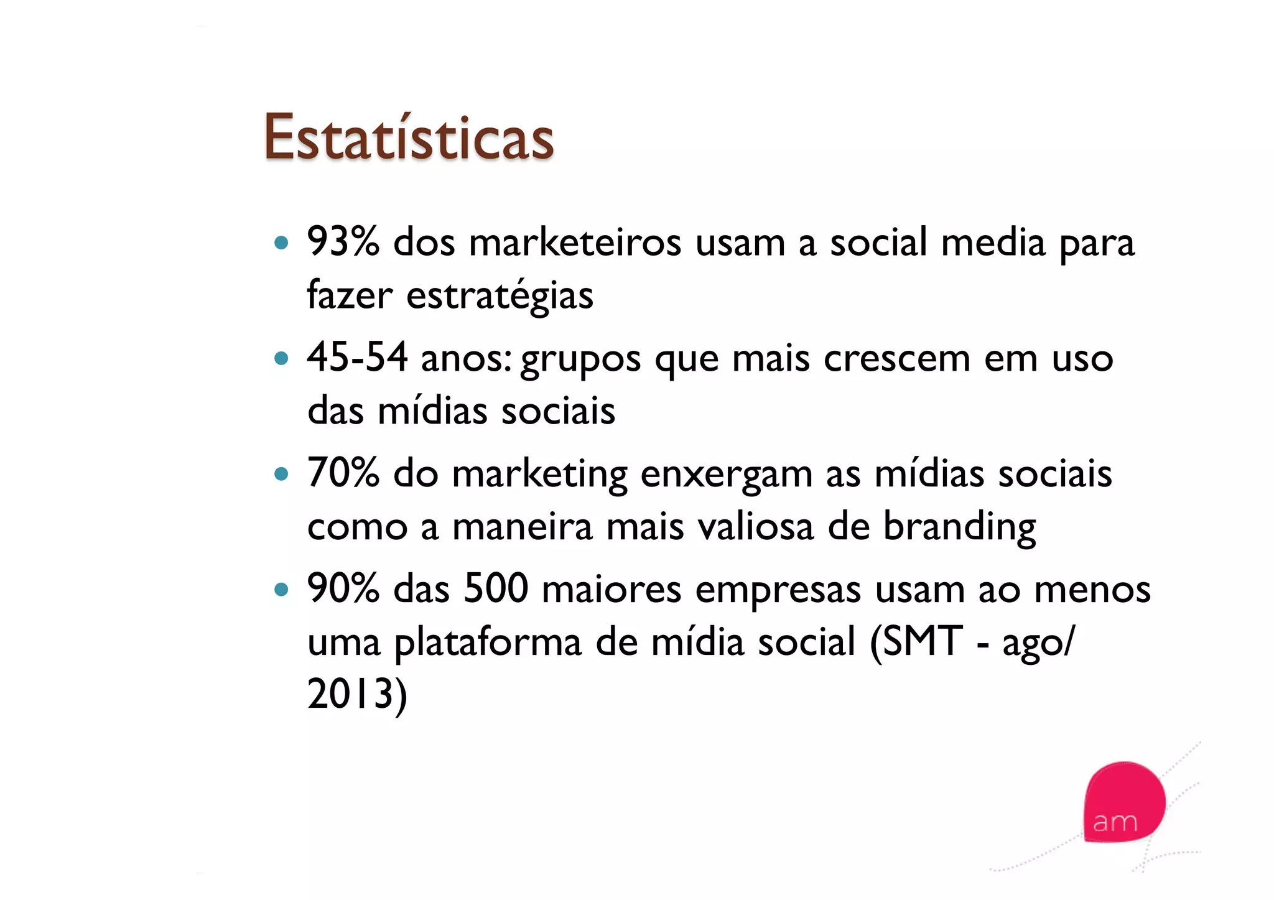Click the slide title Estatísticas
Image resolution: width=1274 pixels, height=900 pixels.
[408, 137]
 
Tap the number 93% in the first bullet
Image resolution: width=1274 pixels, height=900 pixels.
[343, 241]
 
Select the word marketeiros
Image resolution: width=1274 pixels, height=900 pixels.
[575, 243]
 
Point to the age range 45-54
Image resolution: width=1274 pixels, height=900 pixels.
[357, 358]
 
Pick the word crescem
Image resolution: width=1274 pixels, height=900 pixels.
[896, 359]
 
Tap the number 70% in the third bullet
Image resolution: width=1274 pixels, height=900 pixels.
[343, 473]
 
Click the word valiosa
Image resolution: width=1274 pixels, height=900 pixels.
[755, 527]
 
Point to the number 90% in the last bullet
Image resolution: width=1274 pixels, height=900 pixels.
[343, 588]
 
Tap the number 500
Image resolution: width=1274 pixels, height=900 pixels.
[496, 588]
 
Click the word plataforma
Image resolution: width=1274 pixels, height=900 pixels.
[488, 643]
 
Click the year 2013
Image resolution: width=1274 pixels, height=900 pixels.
[351, 694]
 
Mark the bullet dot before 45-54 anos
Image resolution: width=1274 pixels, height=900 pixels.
[282, 358]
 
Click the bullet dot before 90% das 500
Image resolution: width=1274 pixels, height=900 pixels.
[282, 589]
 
